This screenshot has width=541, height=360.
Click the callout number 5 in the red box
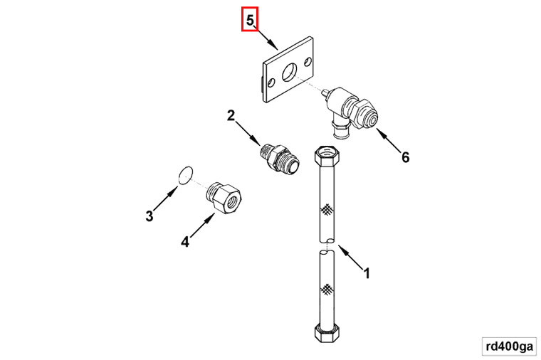point(250,21)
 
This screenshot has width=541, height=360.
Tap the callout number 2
point(231,115)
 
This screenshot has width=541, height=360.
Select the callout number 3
point(149,216)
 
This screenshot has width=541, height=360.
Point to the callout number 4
point(185,242)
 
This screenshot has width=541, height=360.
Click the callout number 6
point(406,157)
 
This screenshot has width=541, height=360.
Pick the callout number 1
point(367,273)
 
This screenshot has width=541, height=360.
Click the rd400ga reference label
point(509,346)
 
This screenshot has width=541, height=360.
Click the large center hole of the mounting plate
point(290,73)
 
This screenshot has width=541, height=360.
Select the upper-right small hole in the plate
point(308,62)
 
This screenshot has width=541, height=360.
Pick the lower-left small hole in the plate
point(271,83)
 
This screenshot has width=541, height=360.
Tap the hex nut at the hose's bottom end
point(326,333)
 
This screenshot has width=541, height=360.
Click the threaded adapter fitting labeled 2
point(280,158)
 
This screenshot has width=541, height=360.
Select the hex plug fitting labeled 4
point(225,199)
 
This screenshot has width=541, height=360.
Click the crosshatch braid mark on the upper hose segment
point(327,209)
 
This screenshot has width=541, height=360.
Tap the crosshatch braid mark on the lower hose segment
point(327,290)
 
